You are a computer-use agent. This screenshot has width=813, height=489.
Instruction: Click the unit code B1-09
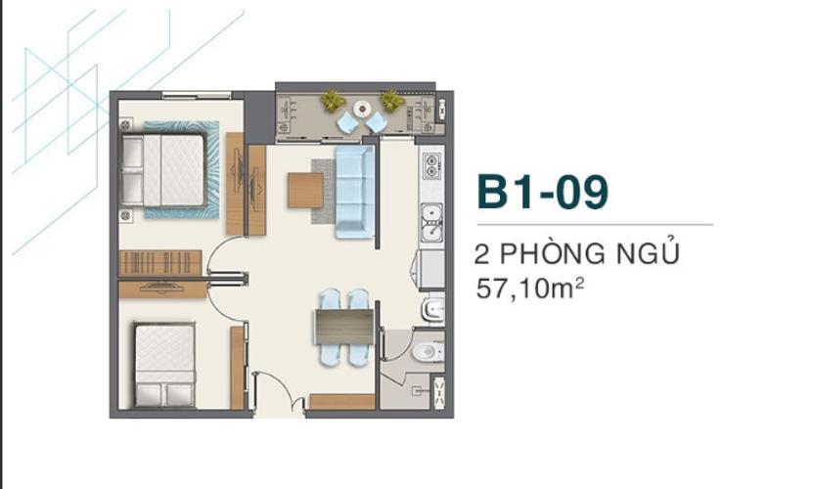tap(542, 192)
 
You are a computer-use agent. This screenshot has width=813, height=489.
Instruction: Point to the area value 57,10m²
tap(530, 289)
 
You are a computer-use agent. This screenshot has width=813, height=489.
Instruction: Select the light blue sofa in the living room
tap(355, 192)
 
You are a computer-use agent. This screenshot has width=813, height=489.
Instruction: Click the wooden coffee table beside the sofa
tap(306, 191)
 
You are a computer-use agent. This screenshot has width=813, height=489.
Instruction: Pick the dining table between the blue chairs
tap(344, 328)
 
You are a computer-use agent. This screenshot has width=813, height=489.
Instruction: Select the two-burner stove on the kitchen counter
tap(431, 166)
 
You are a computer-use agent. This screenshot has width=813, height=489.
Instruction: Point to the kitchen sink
tap(431, 222)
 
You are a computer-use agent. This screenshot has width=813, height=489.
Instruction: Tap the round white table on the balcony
tap(362, 109)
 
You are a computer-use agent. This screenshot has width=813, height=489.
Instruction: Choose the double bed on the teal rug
tap(162, 170)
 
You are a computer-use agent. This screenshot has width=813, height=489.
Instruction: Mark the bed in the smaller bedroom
tap(165, 365)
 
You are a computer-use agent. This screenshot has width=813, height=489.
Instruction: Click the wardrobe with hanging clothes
tap(160, 263)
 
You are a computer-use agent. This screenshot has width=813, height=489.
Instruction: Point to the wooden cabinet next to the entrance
tap(342, 402)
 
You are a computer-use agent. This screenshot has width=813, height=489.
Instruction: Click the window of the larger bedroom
tap(197, 95)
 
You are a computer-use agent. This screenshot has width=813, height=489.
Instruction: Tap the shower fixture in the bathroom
tap(417, 391)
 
